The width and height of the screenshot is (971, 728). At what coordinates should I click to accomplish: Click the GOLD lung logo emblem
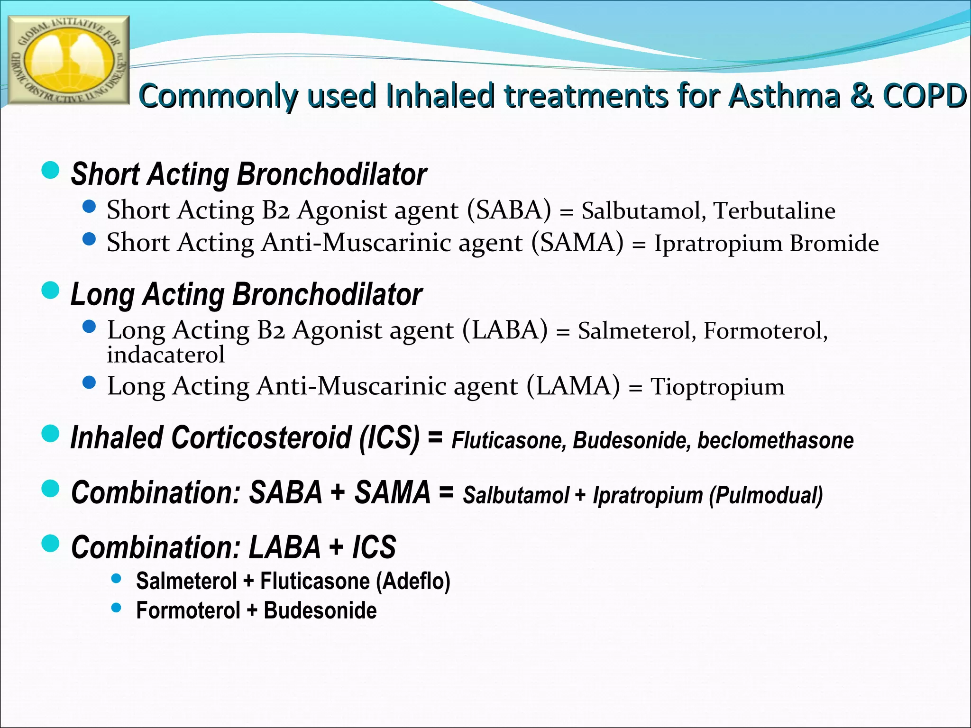(69, 60)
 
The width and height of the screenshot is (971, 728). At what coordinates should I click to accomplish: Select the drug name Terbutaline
(774, 211)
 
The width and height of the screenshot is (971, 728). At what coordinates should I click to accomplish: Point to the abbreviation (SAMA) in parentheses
(577, 243)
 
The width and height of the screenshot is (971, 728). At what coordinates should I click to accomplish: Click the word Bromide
(834, 244)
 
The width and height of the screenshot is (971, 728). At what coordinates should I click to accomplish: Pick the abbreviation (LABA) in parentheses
(504, 330)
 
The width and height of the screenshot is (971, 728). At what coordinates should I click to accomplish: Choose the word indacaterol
(165, 355)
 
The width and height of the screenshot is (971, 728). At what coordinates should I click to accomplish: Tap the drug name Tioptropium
(717, 387)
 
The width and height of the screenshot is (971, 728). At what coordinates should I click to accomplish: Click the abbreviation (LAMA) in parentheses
(573, 386)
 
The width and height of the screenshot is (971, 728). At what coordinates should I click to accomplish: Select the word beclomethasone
(775, 440)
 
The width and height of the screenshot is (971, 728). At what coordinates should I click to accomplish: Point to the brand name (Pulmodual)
(766, 495)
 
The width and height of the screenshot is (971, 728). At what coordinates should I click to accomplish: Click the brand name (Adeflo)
(413, 581)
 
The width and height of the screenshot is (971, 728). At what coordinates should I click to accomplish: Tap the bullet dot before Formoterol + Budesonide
(116, 608)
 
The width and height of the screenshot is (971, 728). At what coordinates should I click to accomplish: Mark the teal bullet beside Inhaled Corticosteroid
(51, 433)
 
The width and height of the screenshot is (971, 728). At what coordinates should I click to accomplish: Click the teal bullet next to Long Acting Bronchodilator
(51, 291)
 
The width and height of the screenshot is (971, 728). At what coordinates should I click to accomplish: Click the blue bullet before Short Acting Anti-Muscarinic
(89, 239)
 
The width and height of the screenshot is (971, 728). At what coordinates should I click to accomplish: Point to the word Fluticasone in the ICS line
(509, 440)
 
